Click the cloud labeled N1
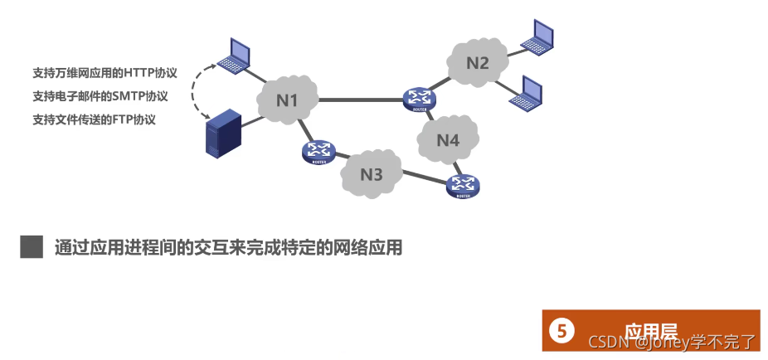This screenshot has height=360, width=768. coord(287,100)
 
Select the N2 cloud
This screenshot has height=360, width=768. coord(477,62)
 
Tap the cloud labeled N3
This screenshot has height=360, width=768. coord(372,174)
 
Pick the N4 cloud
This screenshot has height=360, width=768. coord(448,140)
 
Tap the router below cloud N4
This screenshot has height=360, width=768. coord(463,186)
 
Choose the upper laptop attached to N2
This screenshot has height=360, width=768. coord(537,36)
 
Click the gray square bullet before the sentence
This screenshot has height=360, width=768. coord(32,246)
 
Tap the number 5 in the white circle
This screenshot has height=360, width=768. coord(561,332)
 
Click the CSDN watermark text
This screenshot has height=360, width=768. coord(608,342)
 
